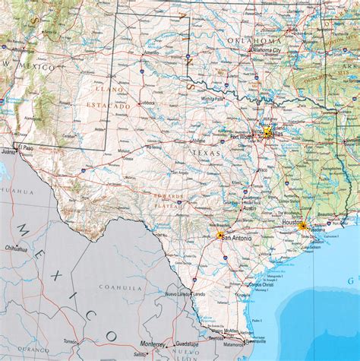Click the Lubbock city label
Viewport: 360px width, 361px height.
coord(147,102)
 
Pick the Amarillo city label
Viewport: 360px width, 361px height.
coord(151,53)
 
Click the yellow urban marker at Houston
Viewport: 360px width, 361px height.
coord(302,226)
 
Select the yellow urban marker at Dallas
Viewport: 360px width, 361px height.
coord(267,132)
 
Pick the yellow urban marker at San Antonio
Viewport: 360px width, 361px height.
coord(220,235)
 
